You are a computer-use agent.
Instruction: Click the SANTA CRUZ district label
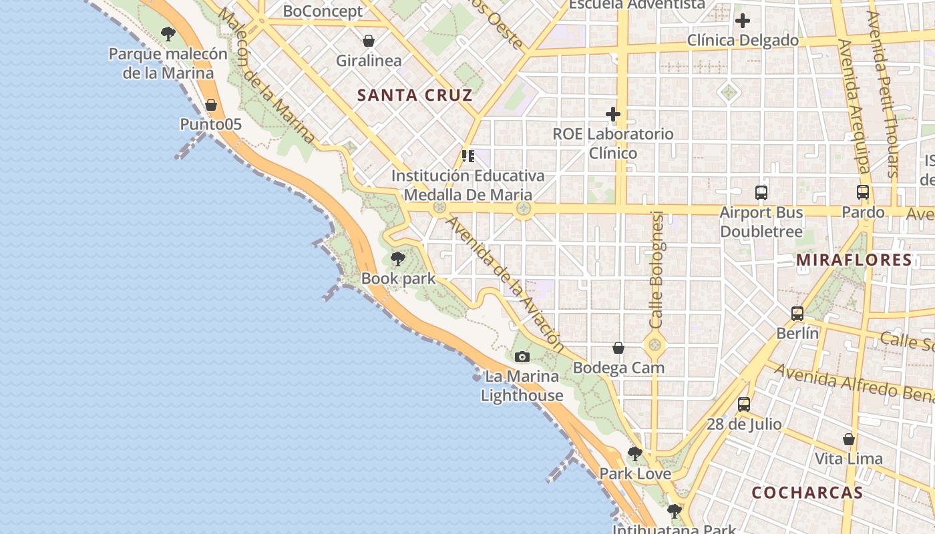415,95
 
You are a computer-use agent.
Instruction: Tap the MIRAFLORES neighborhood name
854,260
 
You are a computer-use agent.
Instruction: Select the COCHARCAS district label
807,493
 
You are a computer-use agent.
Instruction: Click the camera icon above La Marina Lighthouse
522,357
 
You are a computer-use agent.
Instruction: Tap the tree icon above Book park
398,259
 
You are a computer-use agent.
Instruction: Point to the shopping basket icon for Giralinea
369,41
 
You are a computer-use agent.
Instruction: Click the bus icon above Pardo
863,192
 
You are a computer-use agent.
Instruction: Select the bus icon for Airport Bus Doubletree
761,192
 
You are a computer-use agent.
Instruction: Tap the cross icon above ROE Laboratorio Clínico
613,114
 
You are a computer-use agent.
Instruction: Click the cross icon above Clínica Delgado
743,21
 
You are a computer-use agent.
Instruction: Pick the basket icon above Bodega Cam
618,348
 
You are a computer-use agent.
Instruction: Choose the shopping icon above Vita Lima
849,439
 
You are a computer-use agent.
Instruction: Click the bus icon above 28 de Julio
744,404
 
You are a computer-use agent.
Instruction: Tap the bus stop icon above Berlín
797,313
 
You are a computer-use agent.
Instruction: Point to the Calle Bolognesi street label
657,270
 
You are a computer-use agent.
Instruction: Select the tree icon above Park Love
634,454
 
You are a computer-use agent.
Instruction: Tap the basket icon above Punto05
211,105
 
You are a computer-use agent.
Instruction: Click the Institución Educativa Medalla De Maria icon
468,156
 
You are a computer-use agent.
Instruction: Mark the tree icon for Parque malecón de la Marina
168,33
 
